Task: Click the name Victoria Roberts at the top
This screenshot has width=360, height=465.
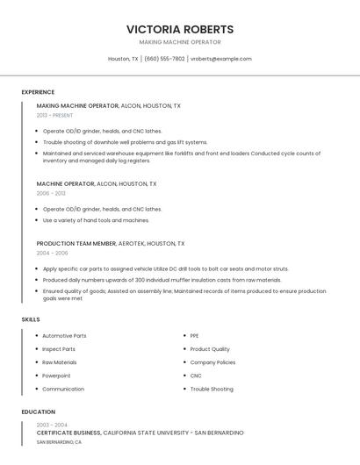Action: click(x=180, y=29)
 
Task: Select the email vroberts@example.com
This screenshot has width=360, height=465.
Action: click(x=220, y=59)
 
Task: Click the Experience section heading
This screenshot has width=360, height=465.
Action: click(x=38, y=92)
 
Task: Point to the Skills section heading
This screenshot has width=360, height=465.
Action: click(x=31, y=319)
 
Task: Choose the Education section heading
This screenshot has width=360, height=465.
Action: click(x=38, y=411)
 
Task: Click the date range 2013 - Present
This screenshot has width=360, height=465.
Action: click(x=55, y=115)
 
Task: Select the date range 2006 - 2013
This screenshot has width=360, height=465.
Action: click(x=51, y=193)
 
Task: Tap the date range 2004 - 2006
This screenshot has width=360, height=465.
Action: click(x=52, y=253)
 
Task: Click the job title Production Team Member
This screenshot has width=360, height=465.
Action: click(x=76, y=243)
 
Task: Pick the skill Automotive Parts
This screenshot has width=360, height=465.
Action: click(x=64, y=336)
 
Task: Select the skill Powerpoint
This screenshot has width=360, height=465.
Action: click(x=56, y=376)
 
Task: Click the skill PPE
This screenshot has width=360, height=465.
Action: click(x=194, y=336)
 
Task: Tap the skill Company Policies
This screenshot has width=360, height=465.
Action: click(x=212, y=362)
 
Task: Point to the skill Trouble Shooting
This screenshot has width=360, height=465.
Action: click(x=212, y=389)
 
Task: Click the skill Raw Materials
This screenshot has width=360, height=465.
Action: click(x=60, y=362)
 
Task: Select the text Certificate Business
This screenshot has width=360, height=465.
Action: click(x=68, y=433)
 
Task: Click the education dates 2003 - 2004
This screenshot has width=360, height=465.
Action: click(x=52, y=425)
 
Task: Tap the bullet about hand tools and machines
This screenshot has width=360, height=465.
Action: click(x=97, y=220)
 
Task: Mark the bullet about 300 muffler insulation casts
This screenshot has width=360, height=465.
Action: click(x=162, y=280)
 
